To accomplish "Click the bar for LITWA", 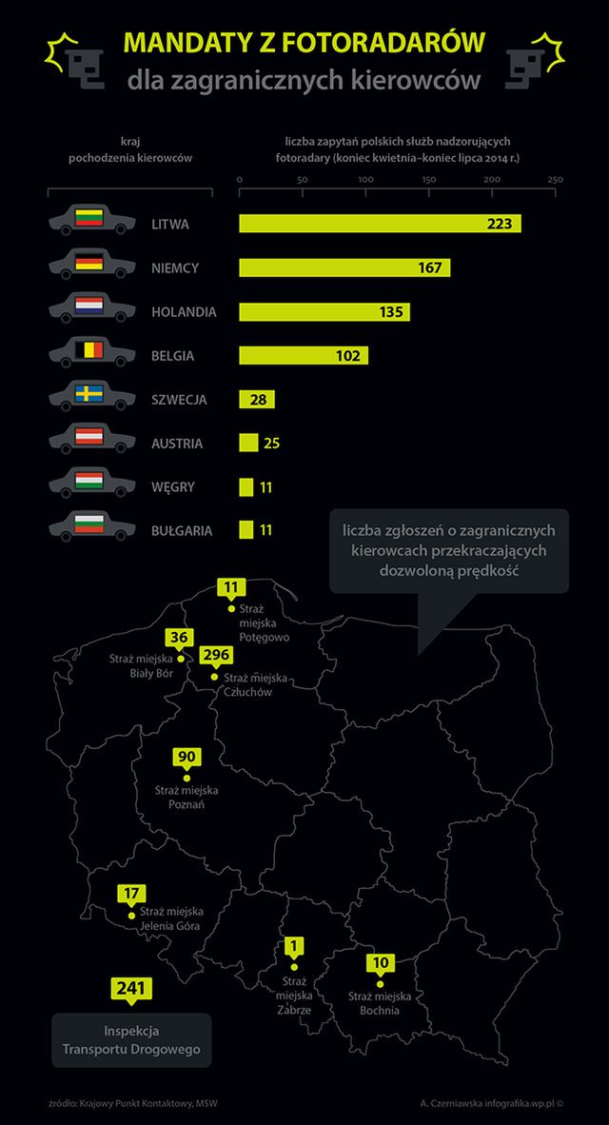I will click(x=379, y=224).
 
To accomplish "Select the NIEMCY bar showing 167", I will click(x=344, y=267).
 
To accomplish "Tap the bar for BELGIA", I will click(x=303, y=355).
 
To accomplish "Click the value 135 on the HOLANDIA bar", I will click(x=392, y=311).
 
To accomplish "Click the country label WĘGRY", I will click(x=173, y=487).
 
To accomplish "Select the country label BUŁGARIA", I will click(x=182, y=530).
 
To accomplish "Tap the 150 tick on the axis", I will click(x=428, y=179).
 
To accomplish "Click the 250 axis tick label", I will click(x=555, y=179).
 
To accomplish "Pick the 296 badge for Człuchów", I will click(x=215, y=657).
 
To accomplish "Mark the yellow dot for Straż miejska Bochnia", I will click(x=380, y=982).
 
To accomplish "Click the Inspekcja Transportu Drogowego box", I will click(x=131, y=1039).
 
